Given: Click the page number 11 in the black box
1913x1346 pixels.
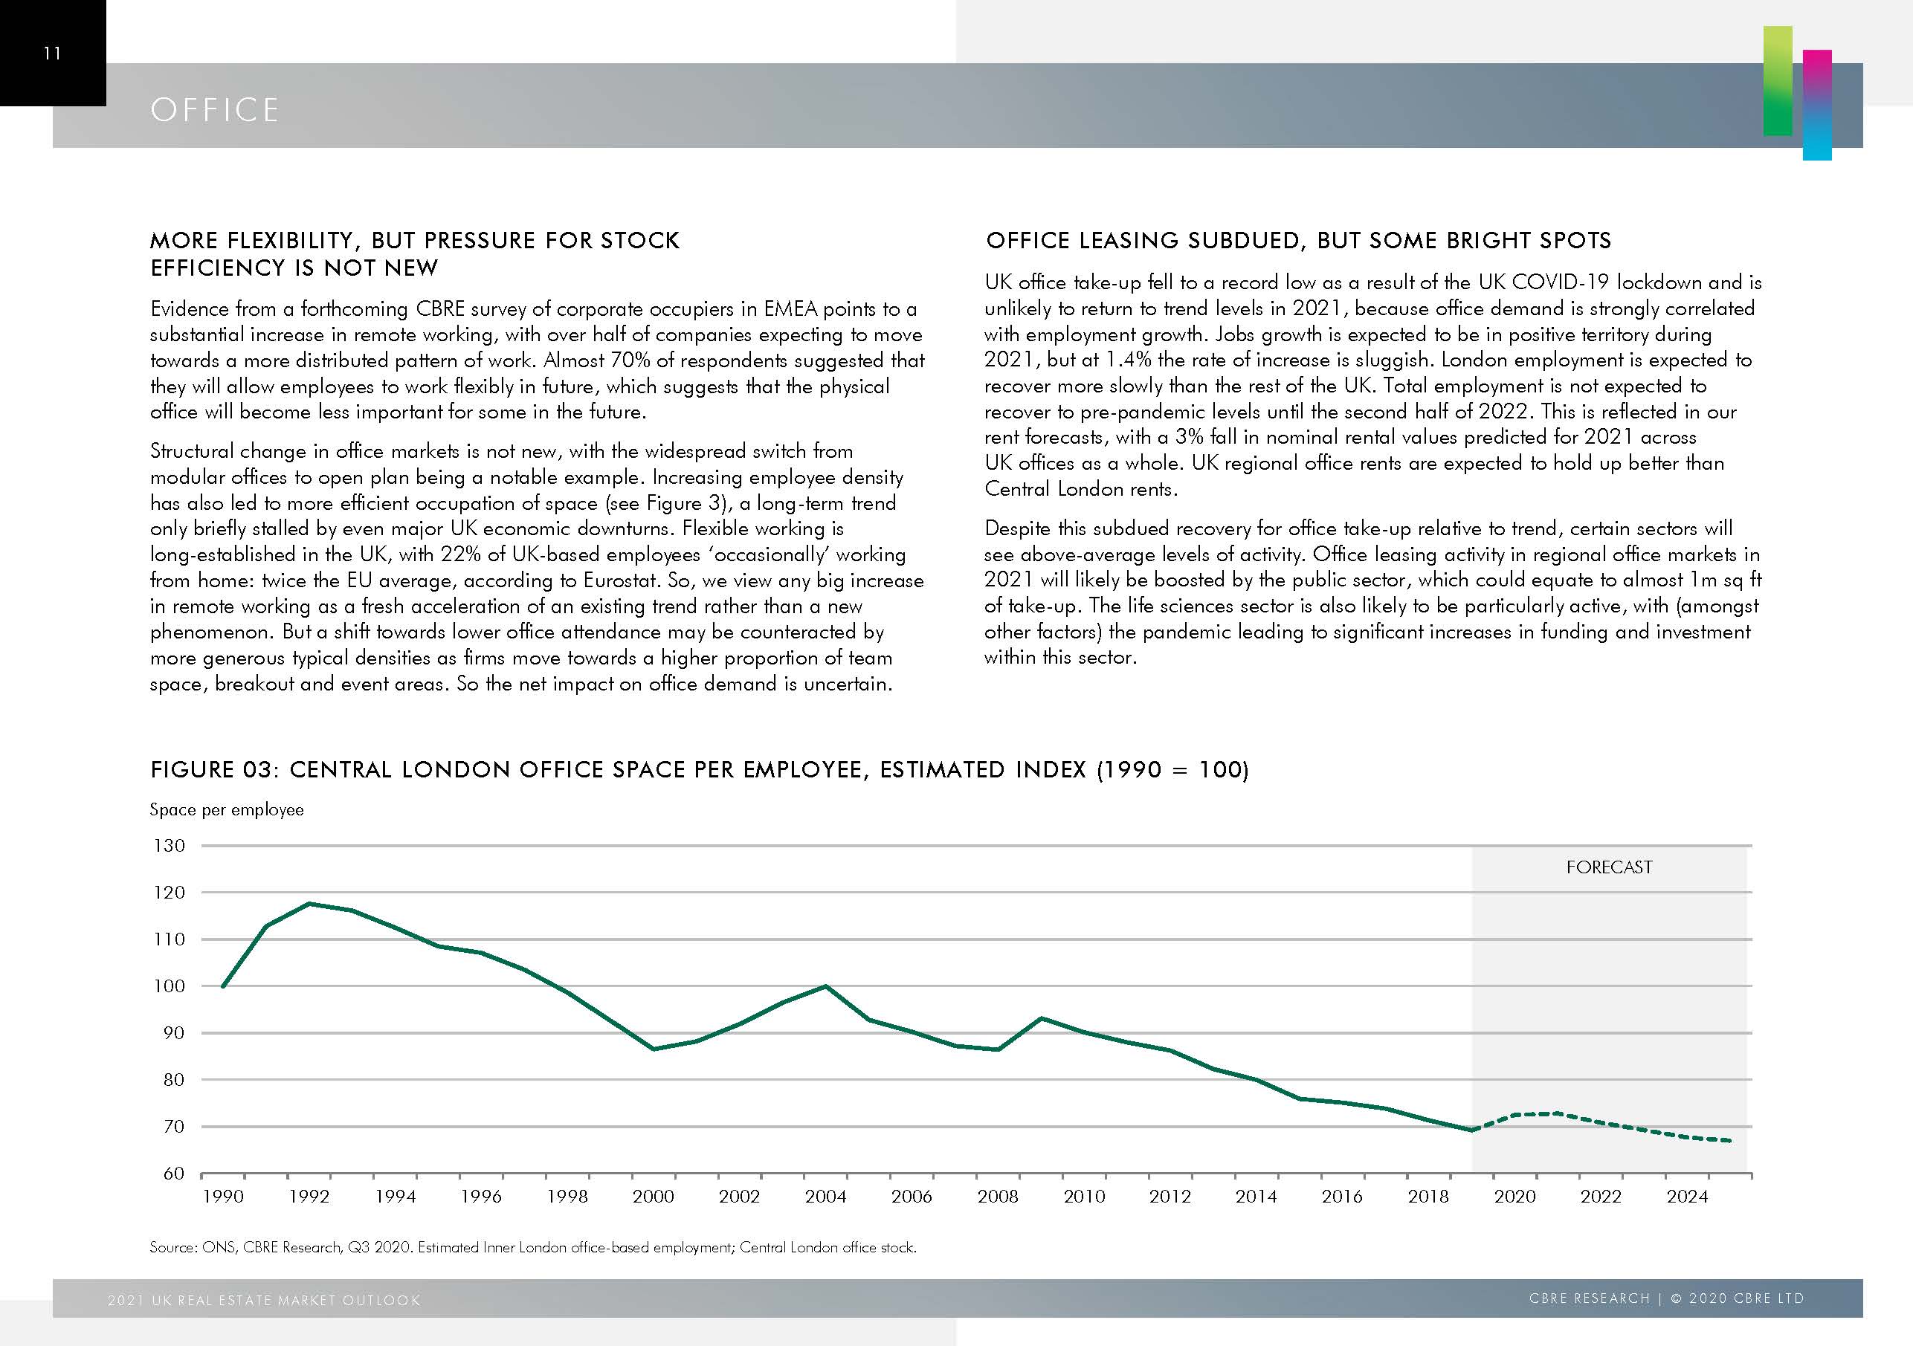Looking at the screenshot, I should pyautogui.click(x=51, y=54).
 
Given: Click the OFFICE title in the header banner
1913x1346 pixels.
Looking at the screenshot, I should pyautogui.click(x=214, y=110).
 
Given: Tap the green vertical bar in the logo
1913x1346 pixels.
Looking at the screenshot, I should pyautogui.click(x=1777, y=81).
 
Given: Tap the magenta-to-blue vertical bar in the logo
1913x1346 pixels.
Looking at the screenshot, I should pyautogui.click(x=1817, y=105).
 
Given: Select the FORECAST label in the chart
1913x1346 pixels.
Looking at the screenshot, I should pyautogui.click(x=1609, y=867).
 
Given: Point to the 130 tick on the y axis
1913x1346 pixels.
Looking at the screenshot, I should pyautogui.click(x=169, y=845).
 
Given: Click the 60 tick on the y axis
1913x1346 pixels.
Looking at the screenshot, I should pyautogui.click(x=173, y=1174).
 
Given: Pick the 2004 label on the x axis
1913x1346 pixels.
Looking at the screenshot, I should pyautogui.click(x=825, y=1197).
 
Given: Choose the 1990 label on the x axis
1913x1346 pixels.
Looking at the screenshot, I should pyautogui.click(x=223, y=1197).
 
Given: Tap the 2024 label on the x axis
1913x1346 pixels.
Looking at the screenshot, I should pyautogui.click(x=1686, y=1197).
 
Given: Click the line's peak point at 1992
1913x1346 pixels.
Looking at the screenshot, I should pyautogui.click(x=309, y=904).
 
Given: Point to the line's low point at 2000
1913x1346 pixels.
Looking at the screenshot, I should pyautogui.click(x=654, y=1049).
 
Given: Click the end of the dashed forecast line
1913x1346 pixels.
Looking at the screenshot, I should pyautogui.click(x=1731, y=1141).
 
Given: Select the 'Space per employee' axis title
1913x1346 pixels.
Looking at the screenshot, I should pyautogui.click(x=227, y=809).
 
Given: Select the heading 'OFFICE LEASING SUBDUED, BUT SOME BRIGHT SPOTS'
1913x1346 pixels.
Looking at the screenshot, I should pyautogui.click(x=1297, y=241).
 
